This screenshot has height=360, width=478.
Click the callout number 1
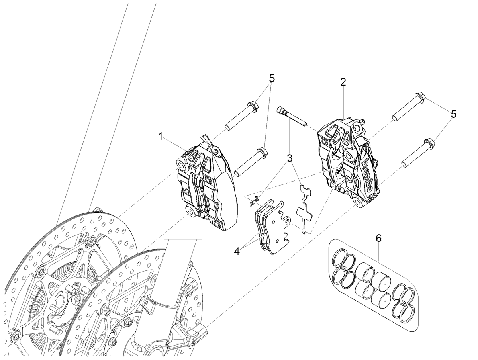[161, 137]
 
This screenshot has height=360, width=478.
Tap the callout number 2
[343, 82]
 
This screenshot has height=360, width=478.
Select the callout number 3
[290, 158]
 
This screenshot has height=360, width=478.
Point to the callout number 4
[237, 252]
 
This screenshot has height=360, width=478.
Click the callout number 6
[379, 238]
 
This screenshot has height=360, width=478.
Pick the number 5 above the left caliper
[272, 78]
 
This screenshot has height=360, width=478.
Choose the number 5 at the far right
[453, 114]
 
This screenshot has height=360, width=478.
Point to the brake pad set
[272, 226]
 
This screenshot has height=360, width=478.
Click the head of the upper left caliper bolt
[253, 107]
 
